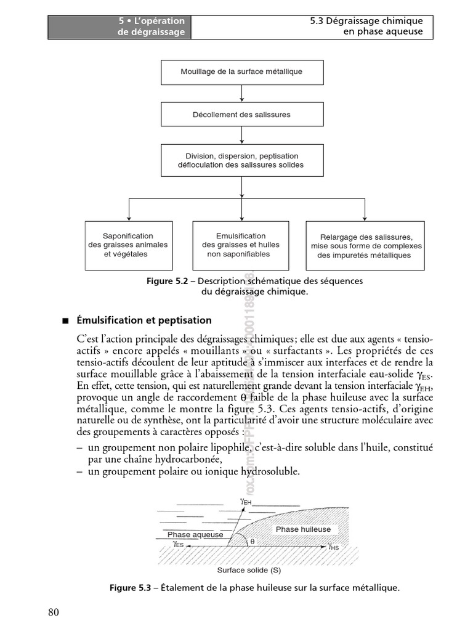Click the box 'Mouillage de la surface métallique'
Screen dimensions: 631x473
click(241, 72)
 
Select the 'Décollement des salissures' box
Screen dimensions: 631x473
click(241, 115)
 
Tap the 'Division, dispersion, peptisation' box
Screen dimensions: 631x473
click(241, 160)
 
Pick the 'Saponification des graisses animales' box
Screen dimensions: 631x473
click(127, 245)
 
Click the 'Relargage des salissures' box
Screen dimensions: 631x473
click(365, 245)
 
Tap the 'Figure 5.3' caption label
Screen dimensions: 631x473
click(130, 588)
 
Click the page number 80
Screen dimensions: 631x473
click(54, 612)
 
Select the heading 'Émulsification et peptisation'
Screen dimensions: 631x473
click(144, 320)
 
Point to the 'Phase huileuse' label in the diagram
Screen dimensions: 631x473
click(303, 529)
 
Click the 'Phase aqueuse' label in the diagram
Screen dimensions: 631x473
click(195, 535)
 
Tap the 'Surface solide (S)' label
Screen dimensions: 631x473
click(245, 570)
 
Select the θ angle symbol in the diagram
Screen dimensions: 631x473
click(252, 541)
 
